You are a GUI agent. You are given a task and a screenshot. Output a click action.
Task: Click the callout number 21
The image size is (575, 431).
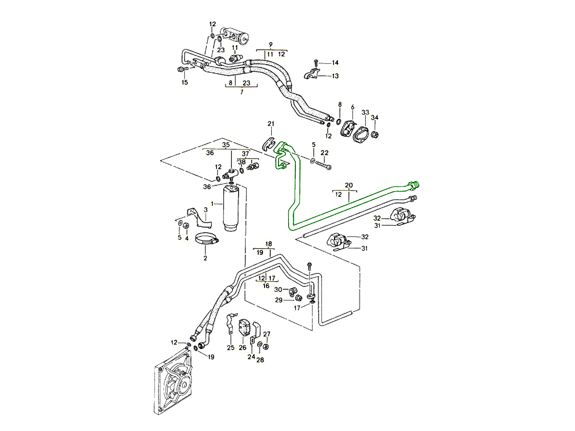point(271,125)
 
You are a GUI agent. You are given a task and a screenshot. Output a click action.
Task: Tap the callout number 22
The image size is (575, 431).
point(324,153)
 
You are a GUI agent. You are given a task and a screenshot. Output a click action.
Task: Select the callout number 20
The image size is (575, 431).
point(349,185)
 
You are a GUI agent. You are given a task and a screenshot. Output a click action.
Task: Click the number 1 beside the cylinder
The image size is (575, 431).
point(212,204)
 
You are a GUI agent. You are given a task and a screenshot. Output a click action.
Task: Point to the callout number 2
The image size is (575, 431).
point(205,259)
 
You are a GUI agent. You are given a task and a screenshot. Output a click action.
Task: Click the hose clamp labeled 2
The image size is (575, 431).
point(207,238)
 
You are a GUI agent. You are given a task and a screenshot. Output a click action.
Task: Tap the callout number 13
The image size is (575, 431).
point(335,76)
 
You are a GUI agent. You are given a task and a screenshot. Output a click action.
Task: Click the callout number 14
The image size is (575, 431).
point(335,63)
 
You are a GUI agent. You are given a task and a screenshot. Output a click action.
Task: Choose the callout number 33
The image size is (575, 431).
point(365,113)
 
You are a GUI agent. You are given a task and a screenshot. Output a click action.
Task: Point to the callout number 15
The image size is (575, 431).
point(184,83)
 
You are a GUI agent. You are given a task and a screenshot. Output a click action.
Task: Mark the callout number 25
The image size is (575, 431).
point(230,348)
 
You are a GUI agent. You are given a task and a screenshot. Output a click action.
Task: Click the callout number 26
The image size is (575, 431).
point(242,348)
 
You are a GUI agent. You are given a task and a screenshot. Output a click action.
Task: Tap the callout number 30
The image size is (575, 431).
point(278,289)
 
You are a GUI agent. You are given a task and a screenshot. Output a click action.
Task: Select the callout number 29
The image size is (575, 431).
point(278,300)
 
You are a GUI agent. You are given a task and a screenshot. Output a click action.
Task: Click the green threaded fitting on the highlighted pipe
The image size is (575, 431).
point(414,184)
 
